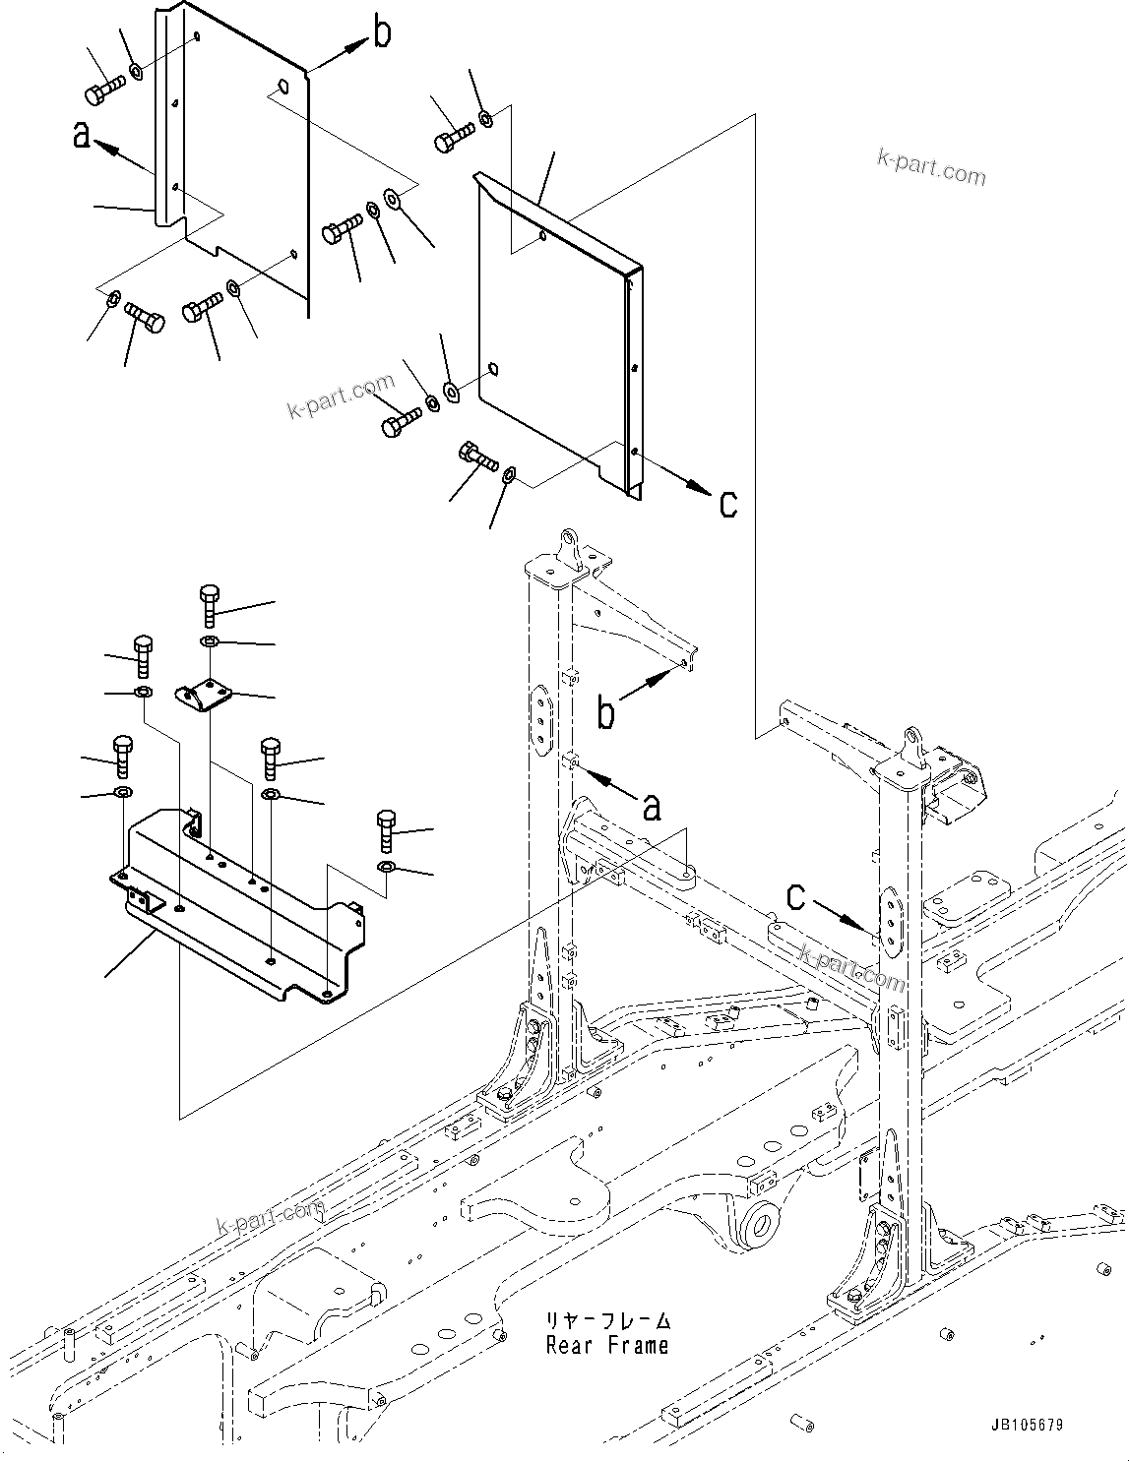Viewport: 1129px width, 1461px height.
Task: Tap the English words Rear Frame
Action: (x=606, y=1345)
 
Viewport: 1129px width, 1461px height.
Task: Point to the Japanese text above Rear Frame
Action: (x=607, y=1319)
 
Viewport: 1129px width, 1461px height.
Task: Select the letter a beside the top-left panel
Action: (x=82, y=136)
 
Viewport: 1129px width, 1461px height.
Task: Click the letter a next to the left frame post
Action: (x=651, y=808)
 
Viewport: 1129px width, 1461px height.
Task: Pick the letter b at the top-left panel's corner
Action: (x=382, y=33)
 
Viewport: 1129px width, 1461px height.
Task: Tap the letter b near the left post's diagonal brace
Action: (x=605, y=713)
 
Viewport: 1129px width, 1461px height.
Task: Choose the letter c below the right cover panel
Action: (x=728, y=504)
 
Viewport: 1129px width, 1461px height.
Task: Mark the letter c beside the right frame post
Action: (x=795, y=896)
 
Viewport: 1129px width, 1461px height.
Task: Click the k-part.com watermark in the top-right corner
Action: (x=930, y=169)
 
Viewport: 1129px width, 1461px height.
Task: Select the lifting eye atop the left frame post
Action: (x=570, y=542)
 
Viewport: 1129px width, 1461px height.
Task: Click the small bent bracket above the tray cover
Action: (x=205, y=695)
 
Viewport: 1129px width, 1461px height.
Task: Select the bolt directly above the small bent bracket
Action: (x=209, y=604)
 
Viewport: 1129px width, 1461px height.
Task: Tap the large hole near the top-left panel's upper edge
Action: (x=282, y=87)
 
